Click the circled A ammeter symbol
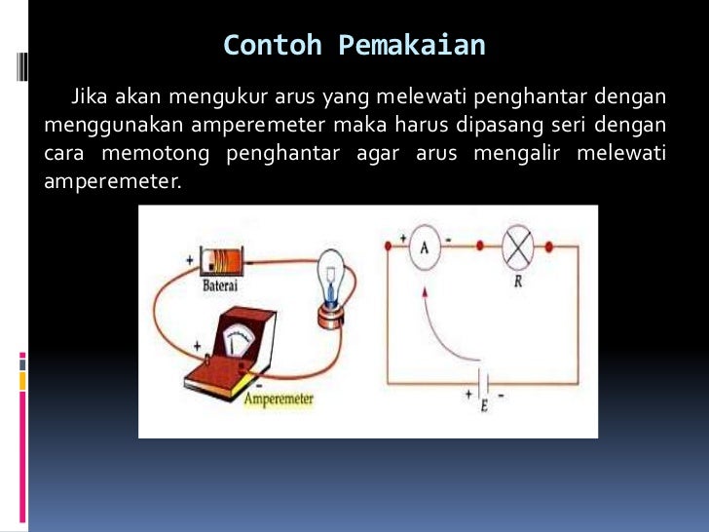tap(424, 247)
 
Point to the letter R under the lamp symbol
tap(517, 284)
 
